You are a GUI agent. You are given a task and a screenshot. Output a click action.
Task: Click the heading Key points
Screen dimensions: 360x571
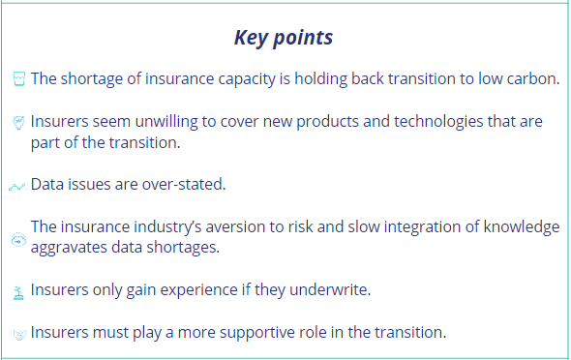[284, 38]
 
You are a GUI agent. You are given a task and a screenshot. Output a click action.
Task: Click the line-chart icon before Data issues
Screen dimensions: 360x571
[16, 184]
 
